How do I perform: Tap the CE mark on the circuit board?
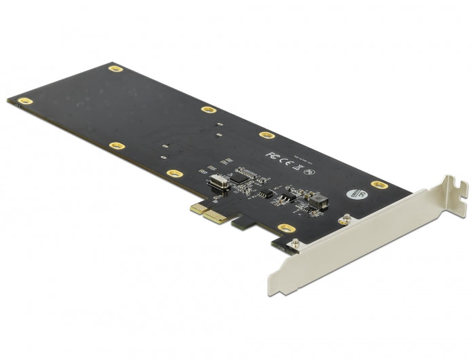[x=288, y=159]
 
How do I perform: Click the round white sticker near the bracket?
[x=354, y=193]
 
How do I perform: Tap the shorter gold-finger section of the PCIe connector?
[x=197, y=210]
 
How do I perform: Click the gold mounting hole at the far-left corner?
[x=25, y=101]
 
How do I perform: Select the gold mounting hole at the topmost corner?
[x=115, y=69]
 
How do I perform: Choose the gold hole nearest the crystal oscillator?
[x=173, y=173]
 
